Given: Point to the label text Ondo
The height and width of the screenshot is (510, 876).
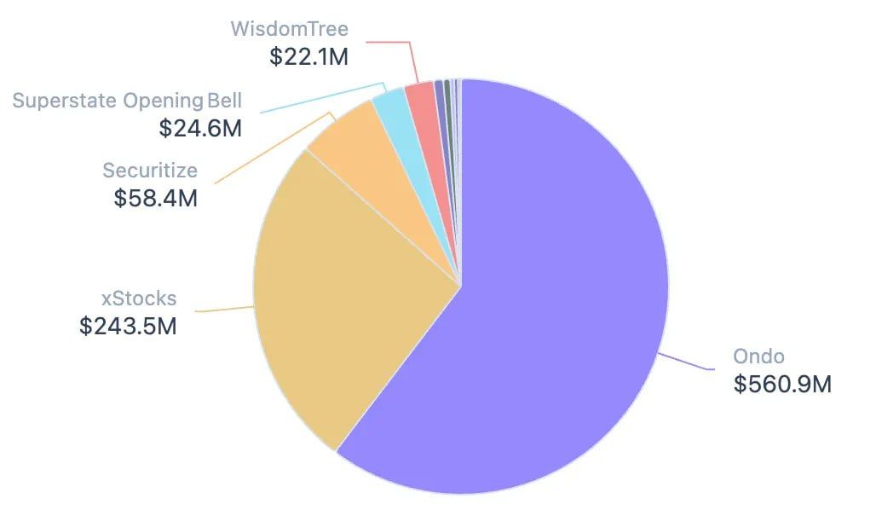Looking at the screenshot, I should pos(758,356).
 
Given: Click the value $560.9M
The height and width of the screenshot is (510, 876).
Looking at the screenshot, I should pos(782,384).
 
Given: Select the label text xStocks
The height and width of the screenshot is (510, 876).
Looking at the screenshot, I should pos(139,298).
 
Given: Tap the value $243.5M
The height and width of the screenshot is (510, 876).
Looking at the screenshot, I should pos(128,326).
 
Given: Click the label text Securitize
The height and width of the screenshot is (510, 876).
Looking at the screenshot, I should pos(150,170).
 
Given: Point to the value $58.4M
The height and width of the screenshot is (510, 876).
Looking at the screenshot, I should pos(156,198).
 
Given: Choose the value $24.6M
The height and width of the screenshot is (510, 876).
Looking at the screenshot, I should pos(200,128).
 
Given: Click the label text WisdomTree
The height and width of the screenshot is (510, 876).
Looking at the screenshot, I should pos(289,29).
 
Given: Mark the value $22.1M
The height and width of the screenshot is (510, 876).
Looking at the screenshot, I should pos(309,56).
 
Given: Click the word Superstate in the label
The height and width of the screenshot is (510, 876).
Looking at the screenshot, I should pos(64,101).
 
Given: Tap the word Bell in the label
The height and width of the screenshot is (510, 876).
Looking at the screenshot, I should pos(223,101).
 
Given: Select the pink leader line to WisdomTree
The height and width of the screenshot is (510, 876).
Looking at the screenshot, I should pos(413,60).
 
